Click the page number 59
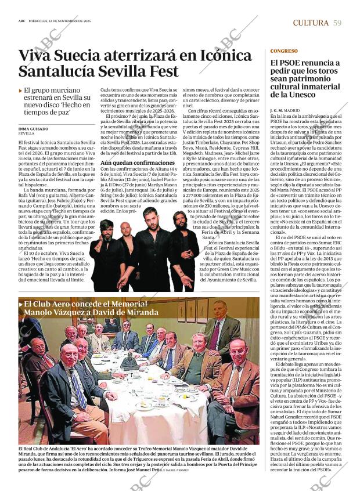(337, 23)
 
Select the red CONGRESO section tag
(284, 51)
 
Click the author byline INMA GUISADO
(33, 129)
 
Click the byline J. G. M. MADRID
(285, 110)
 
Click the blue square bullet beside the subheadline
(21, 91)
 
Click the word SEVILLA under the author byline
(27, 134)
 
